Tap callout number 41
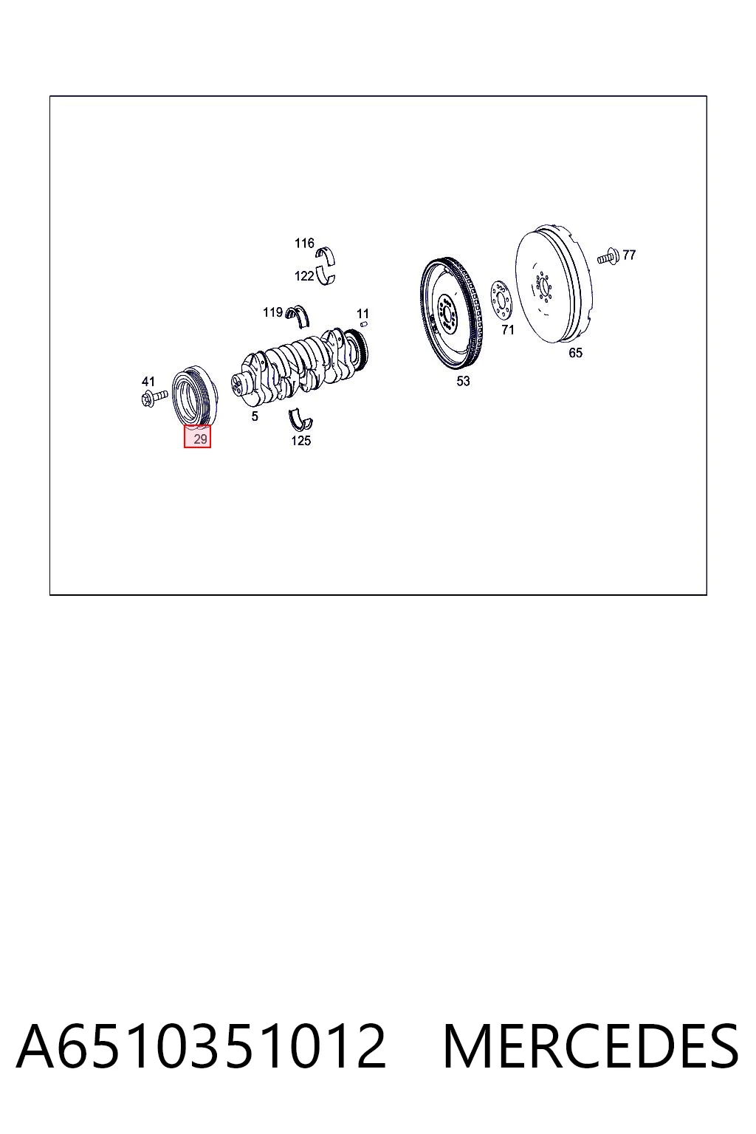point(148,381)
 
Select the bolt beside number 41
point(154,397)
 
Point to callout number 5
point(255,416)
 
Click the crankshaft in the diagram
point(300,367)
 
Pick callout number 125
point(300,441)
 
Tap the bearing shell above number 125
point(300,419)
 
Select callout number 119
point(272,312)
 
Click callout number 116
point(304,244)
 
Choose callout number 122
point(304,276)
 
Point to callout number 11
point(362,313)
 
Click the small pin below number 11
point(363,326)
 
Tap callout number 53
point(463,381)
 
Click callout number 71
point(507,330)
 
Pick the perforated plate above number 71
point(501,301)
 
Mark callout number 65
point(575,353)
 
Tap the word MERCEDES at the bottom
point(590,1046)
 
